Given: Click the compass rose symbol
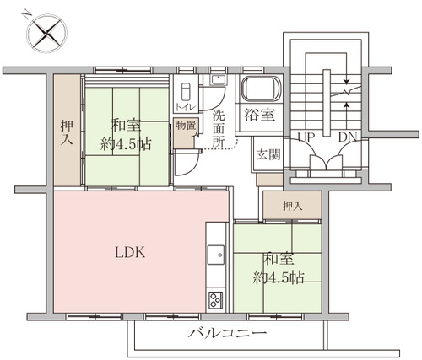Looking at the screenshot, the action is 47,33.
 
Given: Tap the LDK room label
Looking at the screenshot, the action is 130,252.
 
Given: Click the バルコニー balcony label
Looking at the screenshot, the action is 227,333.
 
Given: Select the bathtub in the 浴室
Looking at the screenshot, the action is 262,89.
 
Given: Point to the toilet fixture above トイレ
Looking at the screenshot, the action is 187,91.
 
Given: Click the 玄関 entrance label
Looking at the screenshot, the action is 268,154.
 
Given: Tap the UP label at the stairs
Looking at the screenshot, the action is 306,137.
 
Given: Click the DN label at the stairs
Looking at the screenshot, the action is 348,137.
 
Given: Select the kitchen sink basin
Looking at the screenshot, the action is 216,255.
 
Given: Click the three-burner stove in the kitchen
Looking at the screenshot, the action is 216,300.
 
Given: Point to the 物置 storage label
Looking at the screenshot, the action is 186,126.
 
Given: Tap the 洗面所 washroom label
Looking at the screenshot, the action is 219,128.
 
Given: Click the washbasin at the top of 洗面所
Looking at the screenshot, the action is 218,80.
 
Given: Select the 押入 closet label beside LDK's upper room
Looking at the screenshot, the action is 67,132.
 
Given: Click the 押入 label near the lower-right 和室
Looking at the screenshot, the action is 293,207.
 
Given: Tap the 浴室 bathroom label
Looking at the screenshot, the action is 259,115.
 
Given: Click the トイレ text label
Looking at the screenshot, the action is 186,107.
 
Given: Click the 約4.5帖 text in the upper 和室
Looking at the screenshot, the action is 126,144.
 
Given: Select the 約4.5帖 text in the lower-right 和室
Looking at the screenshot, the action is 279,277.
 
